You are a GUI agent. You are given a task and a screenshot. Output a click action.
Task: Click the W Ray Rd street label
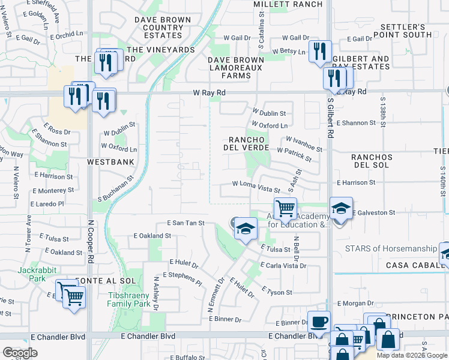(209, 93)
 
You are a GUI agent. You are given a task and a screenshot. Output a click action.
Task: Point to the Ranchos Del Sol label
(372, 161)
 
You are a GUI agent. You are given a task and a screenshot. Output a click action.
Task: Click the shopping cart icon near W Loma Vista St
(286, 208)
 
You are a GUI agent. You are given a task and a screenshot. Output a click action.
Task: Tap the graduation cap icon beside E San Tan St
(245, 229)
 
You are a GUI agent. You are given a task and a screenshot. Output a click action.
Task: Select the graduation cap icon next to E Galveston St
(341, 208)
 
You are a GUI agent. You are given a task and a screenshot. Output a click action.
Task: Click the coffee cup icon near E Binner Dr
(319, 321)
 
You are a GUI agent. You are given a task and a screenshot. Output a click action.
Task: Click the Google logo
(20, 352)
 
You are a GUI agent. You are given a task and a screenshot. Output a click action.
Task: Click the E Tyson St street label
(277, 290)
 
